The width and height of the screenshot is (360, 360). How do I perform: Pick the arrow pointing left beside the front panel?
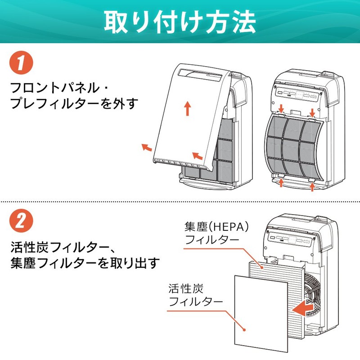(147, 147)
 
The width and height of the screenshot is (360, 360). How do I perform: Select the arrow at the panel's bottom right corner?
(196, 156)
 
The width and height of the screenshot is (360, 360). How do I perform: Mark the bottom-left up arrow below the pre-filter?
(280, 182)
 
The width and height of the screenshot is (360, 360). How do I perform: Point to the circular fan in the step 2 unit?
(311, 292)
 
